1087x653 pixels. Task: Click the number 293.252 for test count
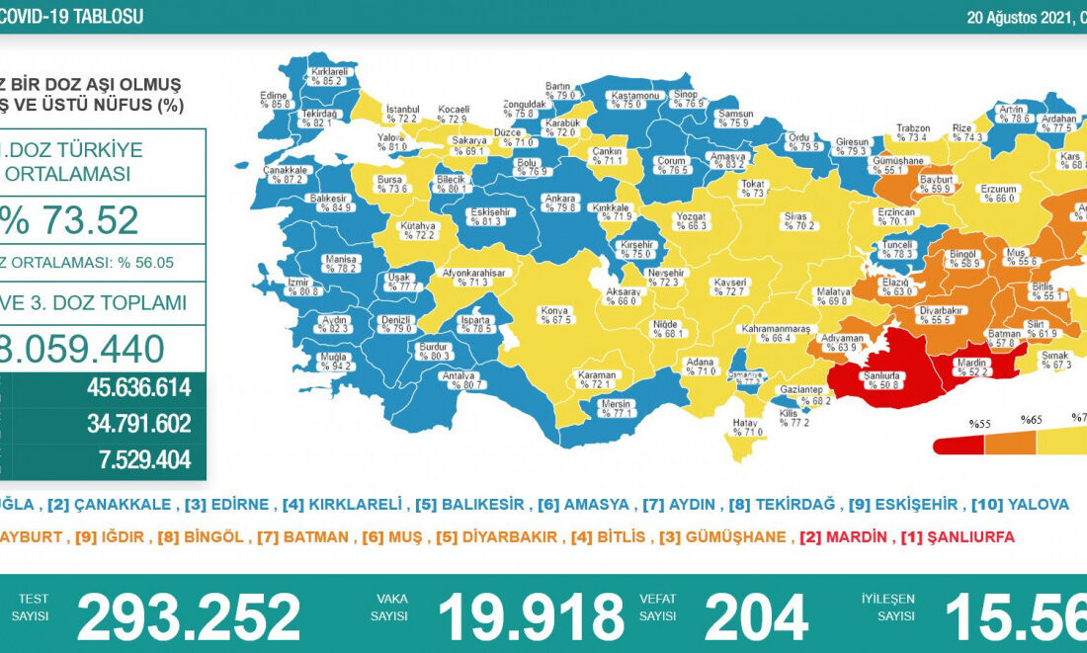click(x=189, y=617)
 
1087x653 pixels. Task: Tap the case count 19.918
click(x=531, y=617)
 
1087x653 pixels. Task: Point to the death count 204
click(x=756, y=617)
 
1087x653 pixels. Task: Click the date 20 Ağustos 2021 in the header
click(x=1023, y=17)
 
